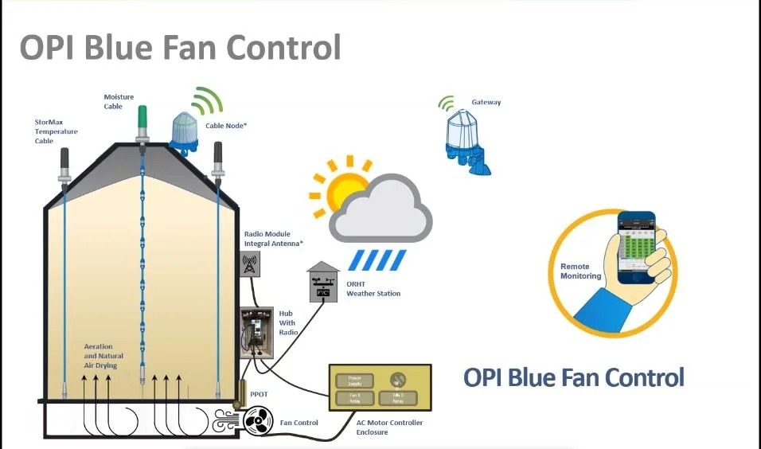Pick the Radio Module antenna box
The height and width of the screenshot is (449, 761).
[x=249, y=264]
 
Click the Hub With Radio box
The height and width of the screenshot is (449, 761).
[x=257, y=334]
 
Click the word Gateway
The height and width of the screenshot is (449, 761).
[x=486, y=103]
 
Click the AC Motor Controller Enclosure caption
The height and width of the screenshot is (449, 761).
[x=389, y=428]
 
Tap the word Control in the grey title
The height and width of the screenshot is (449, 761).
[x=284, y=47]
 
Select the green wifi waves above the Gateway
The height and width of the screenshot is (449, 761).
[x=447, y=103]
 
